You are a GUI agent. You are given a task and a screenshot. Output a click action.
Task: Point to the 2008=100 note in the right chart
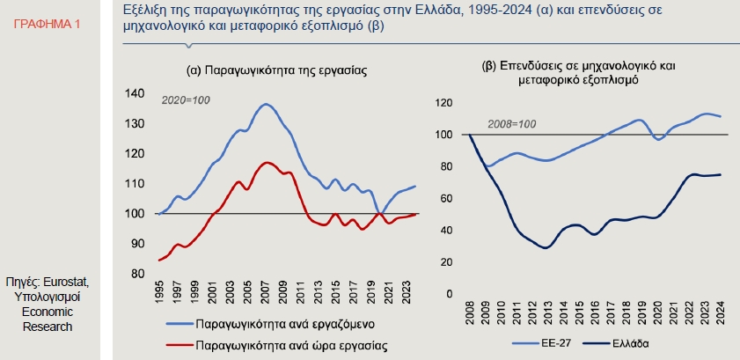[x=511, y=122]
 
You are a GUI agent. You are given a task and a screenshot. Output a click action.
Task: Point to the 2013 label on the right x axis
[x=546, y=313]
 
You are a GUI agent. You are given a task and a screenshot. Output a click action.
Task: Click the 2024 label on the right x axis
[x=721, y=313]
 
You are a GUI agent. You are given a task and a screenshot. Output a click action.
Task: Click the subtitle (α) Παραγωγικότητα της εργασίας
[x=275, y=69]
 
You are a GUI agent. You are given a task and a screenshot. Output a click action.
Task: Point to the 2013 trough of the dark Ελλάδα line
[x=546, y=248]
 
